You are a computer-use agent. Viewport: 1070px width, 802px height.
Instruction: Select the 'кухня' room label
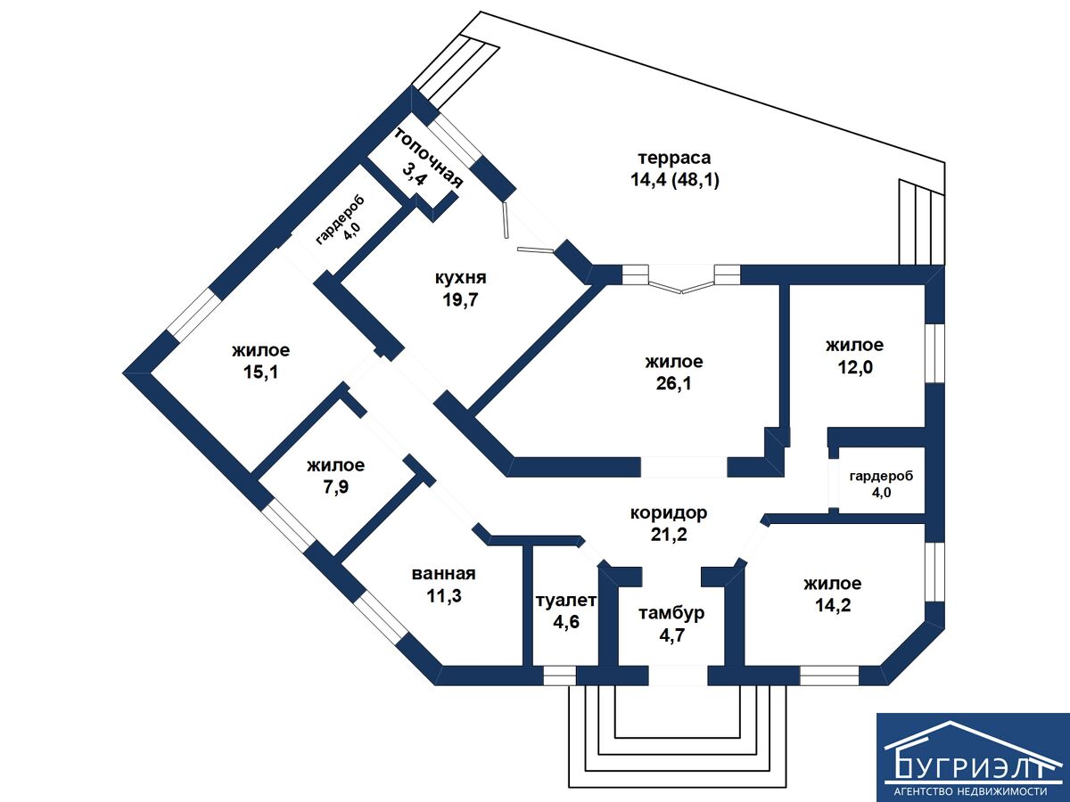pos(461,278)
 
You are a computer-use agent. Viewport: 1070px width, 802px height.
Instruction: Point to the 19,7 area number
pos(461,299)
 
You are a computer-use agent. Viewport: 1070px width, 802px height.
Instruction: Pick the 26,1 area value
pos(674,384)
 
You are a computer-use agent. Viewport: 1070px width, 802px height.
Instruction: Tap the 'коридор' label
pos(669,513)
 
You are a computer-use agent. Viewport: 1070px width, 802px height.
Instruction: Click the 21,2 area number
pos(669,535)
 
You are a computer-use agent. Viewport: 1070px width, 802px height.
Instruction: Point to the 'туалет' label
pos(565,601)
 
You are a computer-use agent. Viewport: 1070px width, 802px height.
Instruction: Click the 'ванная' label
pos(443,574)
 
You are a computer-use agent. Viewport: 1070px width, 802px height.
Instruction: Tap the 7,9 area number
pos(335,487)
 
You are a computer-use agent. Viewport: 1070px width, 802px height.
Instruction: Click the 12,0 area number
pos(854,367)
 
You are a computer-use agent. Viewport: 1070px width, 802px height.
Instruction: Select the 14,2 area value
pos(832,606)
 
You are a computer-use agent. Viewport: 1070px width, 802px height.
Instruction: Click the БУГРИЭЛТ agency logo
pos(973,757)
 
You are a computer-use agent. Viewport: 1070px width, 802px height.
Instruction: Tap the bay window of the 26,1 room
pos(683,282)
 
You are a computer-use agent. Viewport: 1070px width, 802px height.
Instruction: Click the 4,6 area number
pos(566,622)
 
